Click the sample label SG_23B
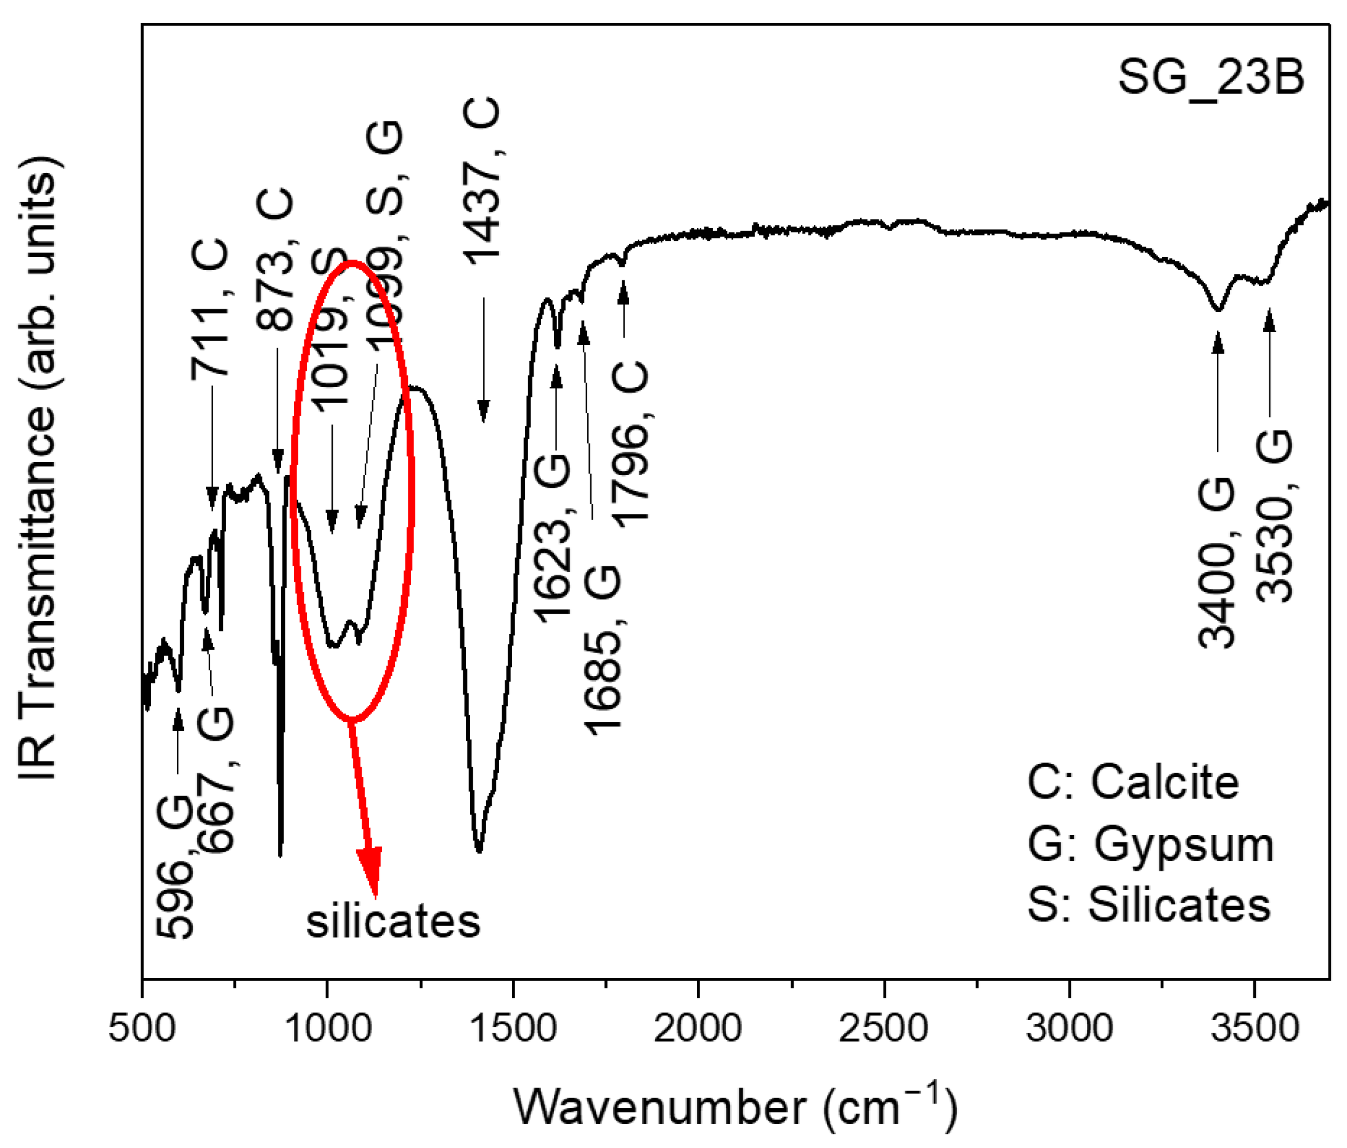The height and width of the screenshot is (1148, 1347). coord(1210,78)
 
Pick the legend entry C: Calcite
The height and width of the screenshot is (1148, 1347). coord(1133,781)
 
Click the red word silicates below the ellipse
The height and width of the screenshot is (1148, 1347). coord(393,921)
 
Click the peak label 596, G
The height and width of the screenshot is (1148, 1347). coord(176,865)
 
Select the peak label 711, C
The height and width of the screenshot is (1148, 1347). coord(210,308)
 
